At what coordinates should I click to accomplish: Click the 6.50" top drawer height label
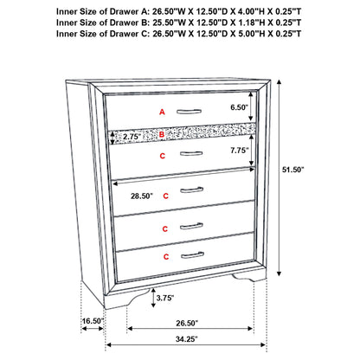coord(240,107)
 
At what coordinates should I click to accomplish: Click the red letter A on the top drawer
coord(162,112)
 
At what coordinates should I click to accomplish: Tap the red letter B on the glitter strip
coord(162,135)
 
